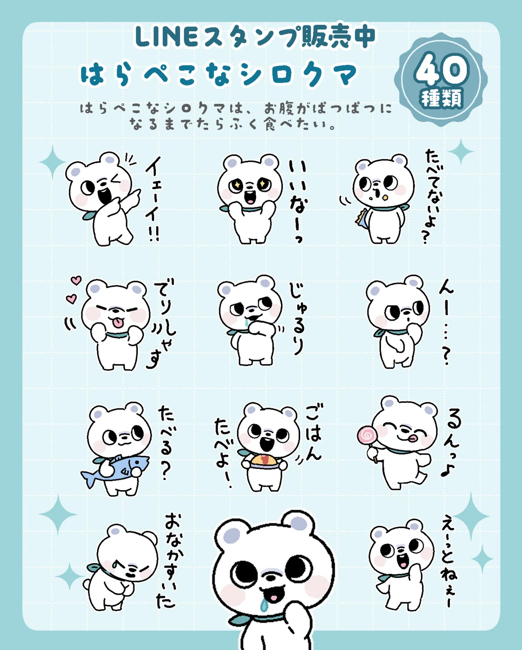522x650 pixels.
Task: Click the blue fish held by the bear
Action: [115, 468]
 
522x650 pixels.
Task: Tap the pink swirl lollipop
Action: [366, 435]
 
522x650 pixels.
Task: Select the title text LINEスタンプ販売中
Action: [255, 37]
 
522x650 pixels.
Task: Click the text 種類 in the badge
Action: [442, 98]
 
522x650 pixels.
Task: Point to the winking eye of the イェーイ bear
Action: [115, 181]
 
